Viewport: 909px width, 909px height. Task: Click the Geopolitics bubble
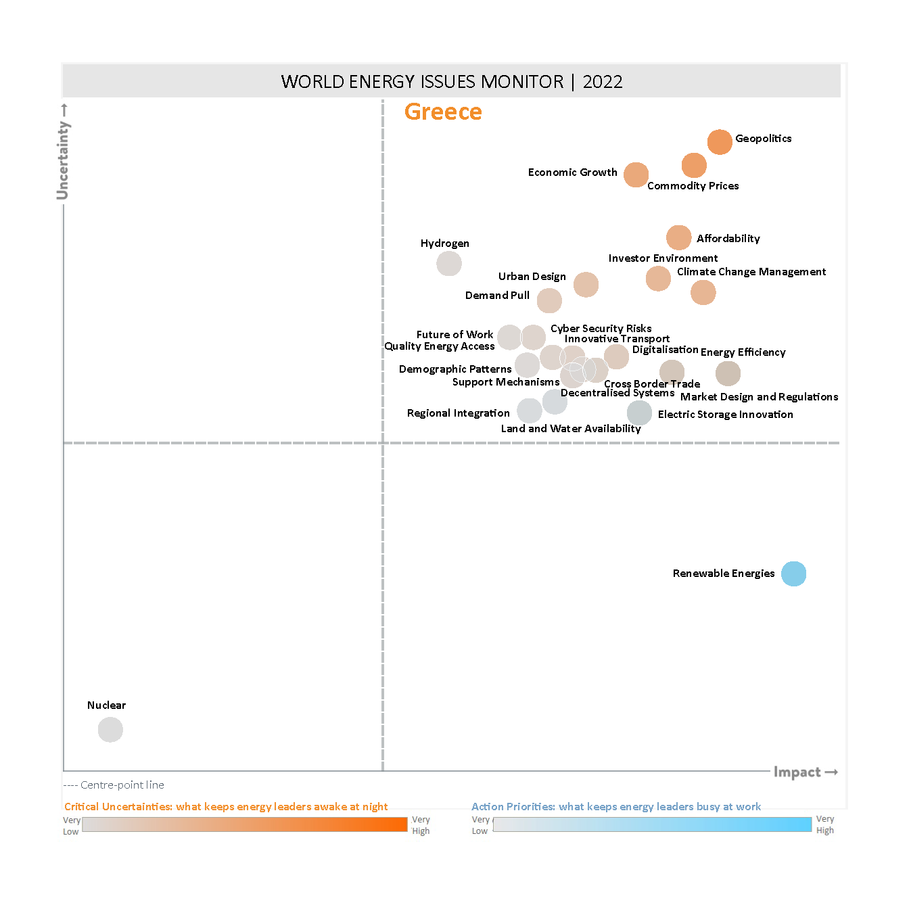point(720,142)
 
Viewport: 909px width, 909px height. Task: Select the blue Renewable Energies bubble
point(793,574)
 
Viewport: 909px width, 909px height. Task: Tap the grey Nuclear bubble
point(110,730)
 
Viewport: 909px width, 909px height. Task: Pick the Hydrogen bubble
point(449,263)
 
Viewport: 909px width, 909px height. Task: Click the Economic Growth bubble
point(636,174)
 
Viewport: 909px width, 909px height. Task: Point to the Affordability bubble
point(678,237)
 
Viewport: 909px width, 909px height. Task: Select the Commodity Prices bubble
point(694,165)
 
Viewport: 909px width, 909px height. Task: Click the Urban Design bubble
point(586,284)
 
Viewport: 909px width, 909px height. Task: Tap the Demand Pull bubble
point(549,300)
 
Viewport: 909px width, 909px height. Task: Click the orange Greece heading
point(443,112)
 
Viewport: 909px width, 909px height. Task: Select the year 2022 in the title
point(602,82)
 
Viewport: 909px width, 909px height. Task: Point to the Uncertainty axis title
point(63,160)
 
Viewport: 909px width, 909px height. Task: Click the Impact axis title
point(797,772)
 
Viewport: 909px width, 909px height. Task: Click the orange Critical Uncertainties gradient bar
point(244,824)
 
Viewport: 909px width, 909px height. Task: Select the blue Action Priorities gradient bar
point(652,824)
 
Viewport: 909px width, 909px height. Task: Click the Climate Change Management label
point(751,272)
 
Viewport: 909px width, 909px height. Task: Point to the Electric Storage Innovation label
point(725,415)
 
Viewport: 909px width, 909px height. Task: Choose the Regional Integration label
point(458,413)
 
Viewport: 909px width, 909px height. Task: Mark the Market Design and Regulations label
point(759,397)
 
